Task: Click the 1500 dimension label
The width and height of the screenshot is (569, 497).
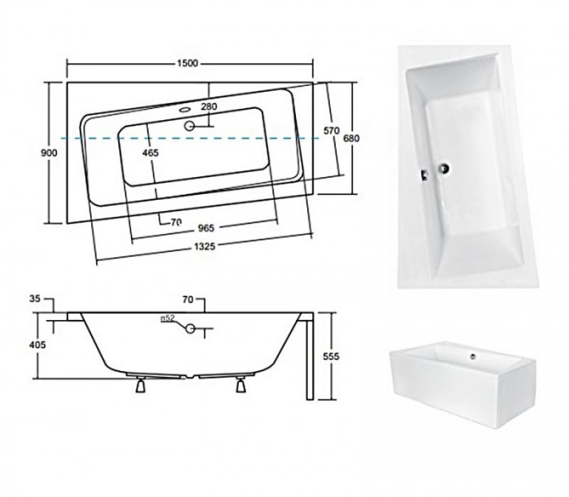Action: [x=188, y=63]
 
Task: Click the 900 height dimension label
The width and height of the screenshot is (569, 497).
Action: [x=49, y=153]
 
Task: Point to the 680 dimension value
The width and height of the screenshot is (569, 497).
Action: [x=351, y=138]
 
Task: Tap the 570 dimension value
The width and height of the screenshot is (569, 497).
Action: [x=332, y=131]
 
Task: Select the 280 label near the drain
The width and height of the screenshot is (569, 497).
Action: [x=209, y=106]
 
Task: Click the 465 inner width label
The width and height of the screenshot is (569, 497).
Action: [x=150, y=153]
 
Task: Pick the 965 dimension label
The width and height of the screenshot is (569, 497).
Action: [x=206, y=228]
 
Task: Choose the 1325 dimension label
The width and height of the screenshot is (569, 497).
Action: [x=205, y=247]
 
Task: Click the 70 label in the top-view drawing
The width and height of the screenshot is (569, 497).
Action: [x=176, y=223]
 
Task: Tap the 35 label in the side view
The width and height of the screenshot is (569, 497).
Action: [x=35, y=299]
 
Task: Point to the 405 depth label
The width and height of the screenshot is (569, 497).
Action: [x=37, y=345]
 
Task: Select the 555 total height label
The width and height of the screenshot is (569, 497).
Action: [x=331, y=357]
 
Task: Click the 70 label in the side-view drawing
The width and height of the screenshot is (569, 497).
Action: [x=188, y=300]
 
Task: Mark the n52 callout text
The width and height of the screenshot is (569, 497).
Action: [x=167, y=318]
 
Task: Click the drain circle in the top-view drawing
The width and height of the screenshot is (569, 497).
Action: [x=189, y=126]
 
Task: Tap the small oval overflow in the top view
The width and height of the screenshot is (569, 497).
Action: [x=185, y=109]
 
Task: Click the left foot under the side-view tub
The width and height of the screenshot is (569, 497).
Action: [x=141, y=385]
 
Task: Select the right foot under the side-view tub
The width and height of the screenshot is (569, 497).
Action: [x=241, y=385]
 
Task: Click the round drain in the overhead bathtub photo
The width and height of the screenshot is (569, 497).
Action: [x=444, y=168]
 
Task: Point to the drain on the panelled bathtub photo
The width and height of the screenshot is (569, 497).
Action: [x=473, y=357]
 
